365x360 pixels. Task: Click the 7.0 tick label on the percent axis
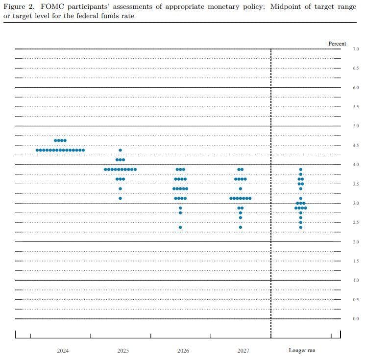click(356, 49)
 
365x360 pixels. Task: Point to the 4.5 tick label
click(356, 145)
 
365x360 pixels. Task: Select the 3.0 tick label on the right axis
click(356, 203)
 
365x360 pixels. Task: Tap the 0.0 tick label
click(356, 319)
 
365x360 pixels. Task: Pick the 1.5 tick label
click(356, 261)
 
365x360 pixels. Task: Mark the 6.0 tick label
click(356, 88)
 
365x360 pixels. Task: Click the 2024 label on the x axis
click(63, 351)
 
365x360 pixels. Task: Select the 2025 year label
click(123, 351)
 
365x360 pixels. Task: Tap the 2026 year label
click(183, 351)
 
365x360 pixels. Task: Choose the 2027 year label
click(243, 351)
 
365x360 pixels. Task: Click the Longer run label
click(302, 351)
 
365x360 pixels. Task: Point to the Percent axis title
click(337, 44)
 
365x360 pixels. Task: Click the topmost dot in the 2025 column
click(121, 150)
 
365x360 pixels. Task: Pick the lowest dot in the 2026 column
click(180, 227)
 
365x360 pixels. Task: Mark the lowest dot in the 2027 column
click(241, 227)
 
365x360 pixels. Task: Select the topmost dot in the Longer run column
click(301, 169)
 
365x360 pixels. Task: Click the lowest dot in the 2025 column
click(121, 198)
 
